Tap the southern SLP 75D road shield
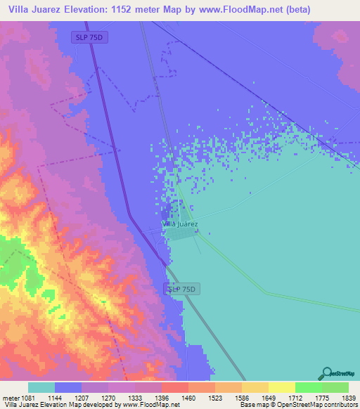184,289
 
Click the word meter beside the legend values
10,398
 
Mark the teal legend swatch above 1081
41,387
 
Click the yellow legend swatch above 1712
282,387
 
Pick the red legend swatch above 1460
174,387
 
